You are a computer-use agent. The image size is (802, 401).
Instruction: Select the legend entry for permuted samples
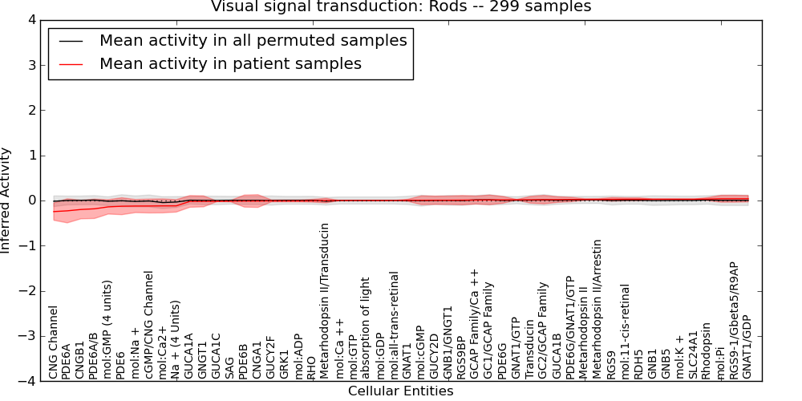(x=253, y=40)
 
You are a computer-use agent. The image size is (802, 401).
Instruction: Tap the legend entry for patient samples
(x=230, y=63)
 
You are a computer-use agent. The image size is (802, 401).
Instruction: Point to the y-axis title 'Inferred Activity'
(x=7, y=200)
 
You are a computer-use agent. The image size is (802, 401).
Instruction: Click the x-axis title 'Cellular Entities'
(x=400, y=391)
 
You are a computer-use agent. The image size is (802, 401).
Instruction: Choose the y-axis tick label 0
(x=31, y=200)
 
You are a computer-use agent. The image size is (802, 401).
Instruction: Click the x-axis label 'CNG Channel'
(x=54, y=342)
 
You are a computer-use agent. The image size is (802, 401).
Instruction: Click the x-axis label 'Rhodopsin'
(x=706, y=350)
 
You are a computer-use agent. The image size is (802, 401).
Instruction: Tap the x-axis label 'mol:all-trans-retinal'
(x=394, y=325)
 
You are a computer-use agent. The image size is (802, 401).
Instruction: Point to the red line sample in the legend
(x=71, y=63)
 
